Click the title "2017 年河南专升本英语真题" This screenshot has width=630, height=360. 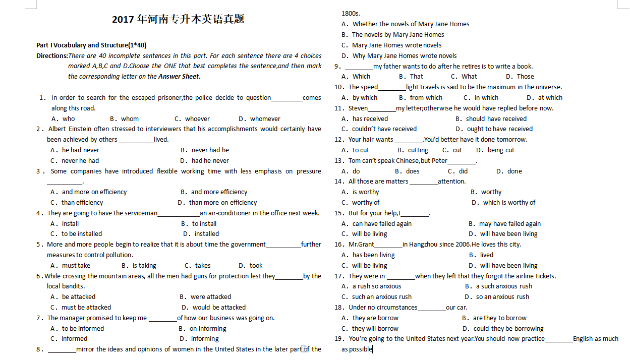pyautogui.click(x=178, y=20)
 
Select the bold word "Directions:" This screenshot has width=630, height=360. pyautogui.click(x=52, y=55)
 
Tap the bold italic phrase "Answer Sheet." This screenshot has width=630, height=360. pyautogui.click(x=179, y=77)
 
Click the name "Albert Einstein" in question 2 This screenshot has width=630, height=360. pyautogui.click(x=71, y=129)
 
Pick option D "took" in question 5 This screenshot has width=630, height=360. pyautogui.click(x=256, y=266)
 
